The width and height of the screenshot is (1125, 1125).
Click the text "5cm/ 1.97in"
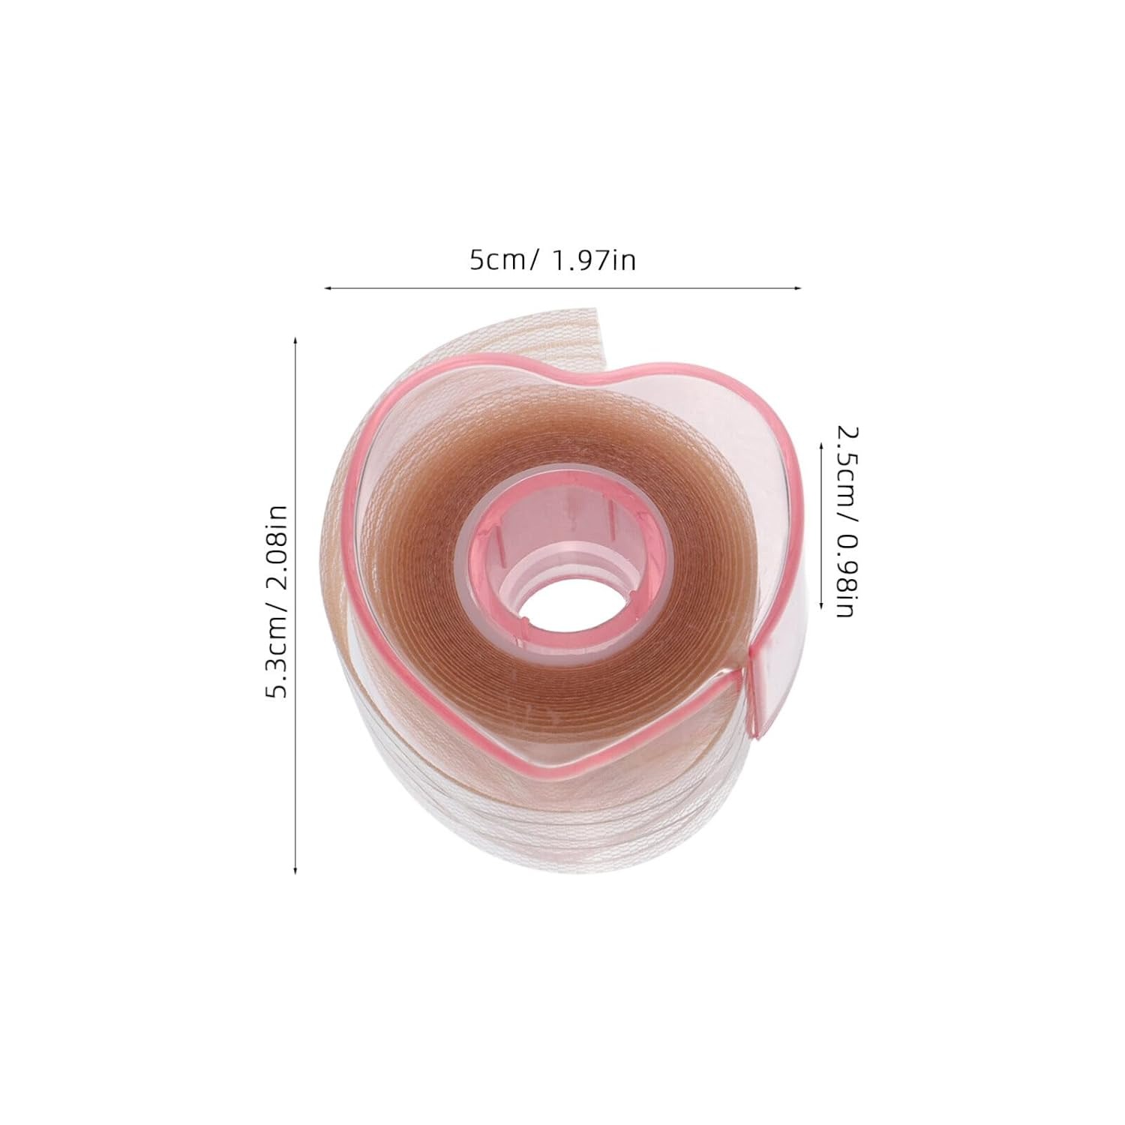[553, 260]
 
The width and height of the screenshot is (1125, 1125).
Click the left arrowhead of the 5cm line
[325, 286]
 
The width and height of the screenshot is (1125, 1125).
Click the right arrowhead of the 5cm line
[799, 286]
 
